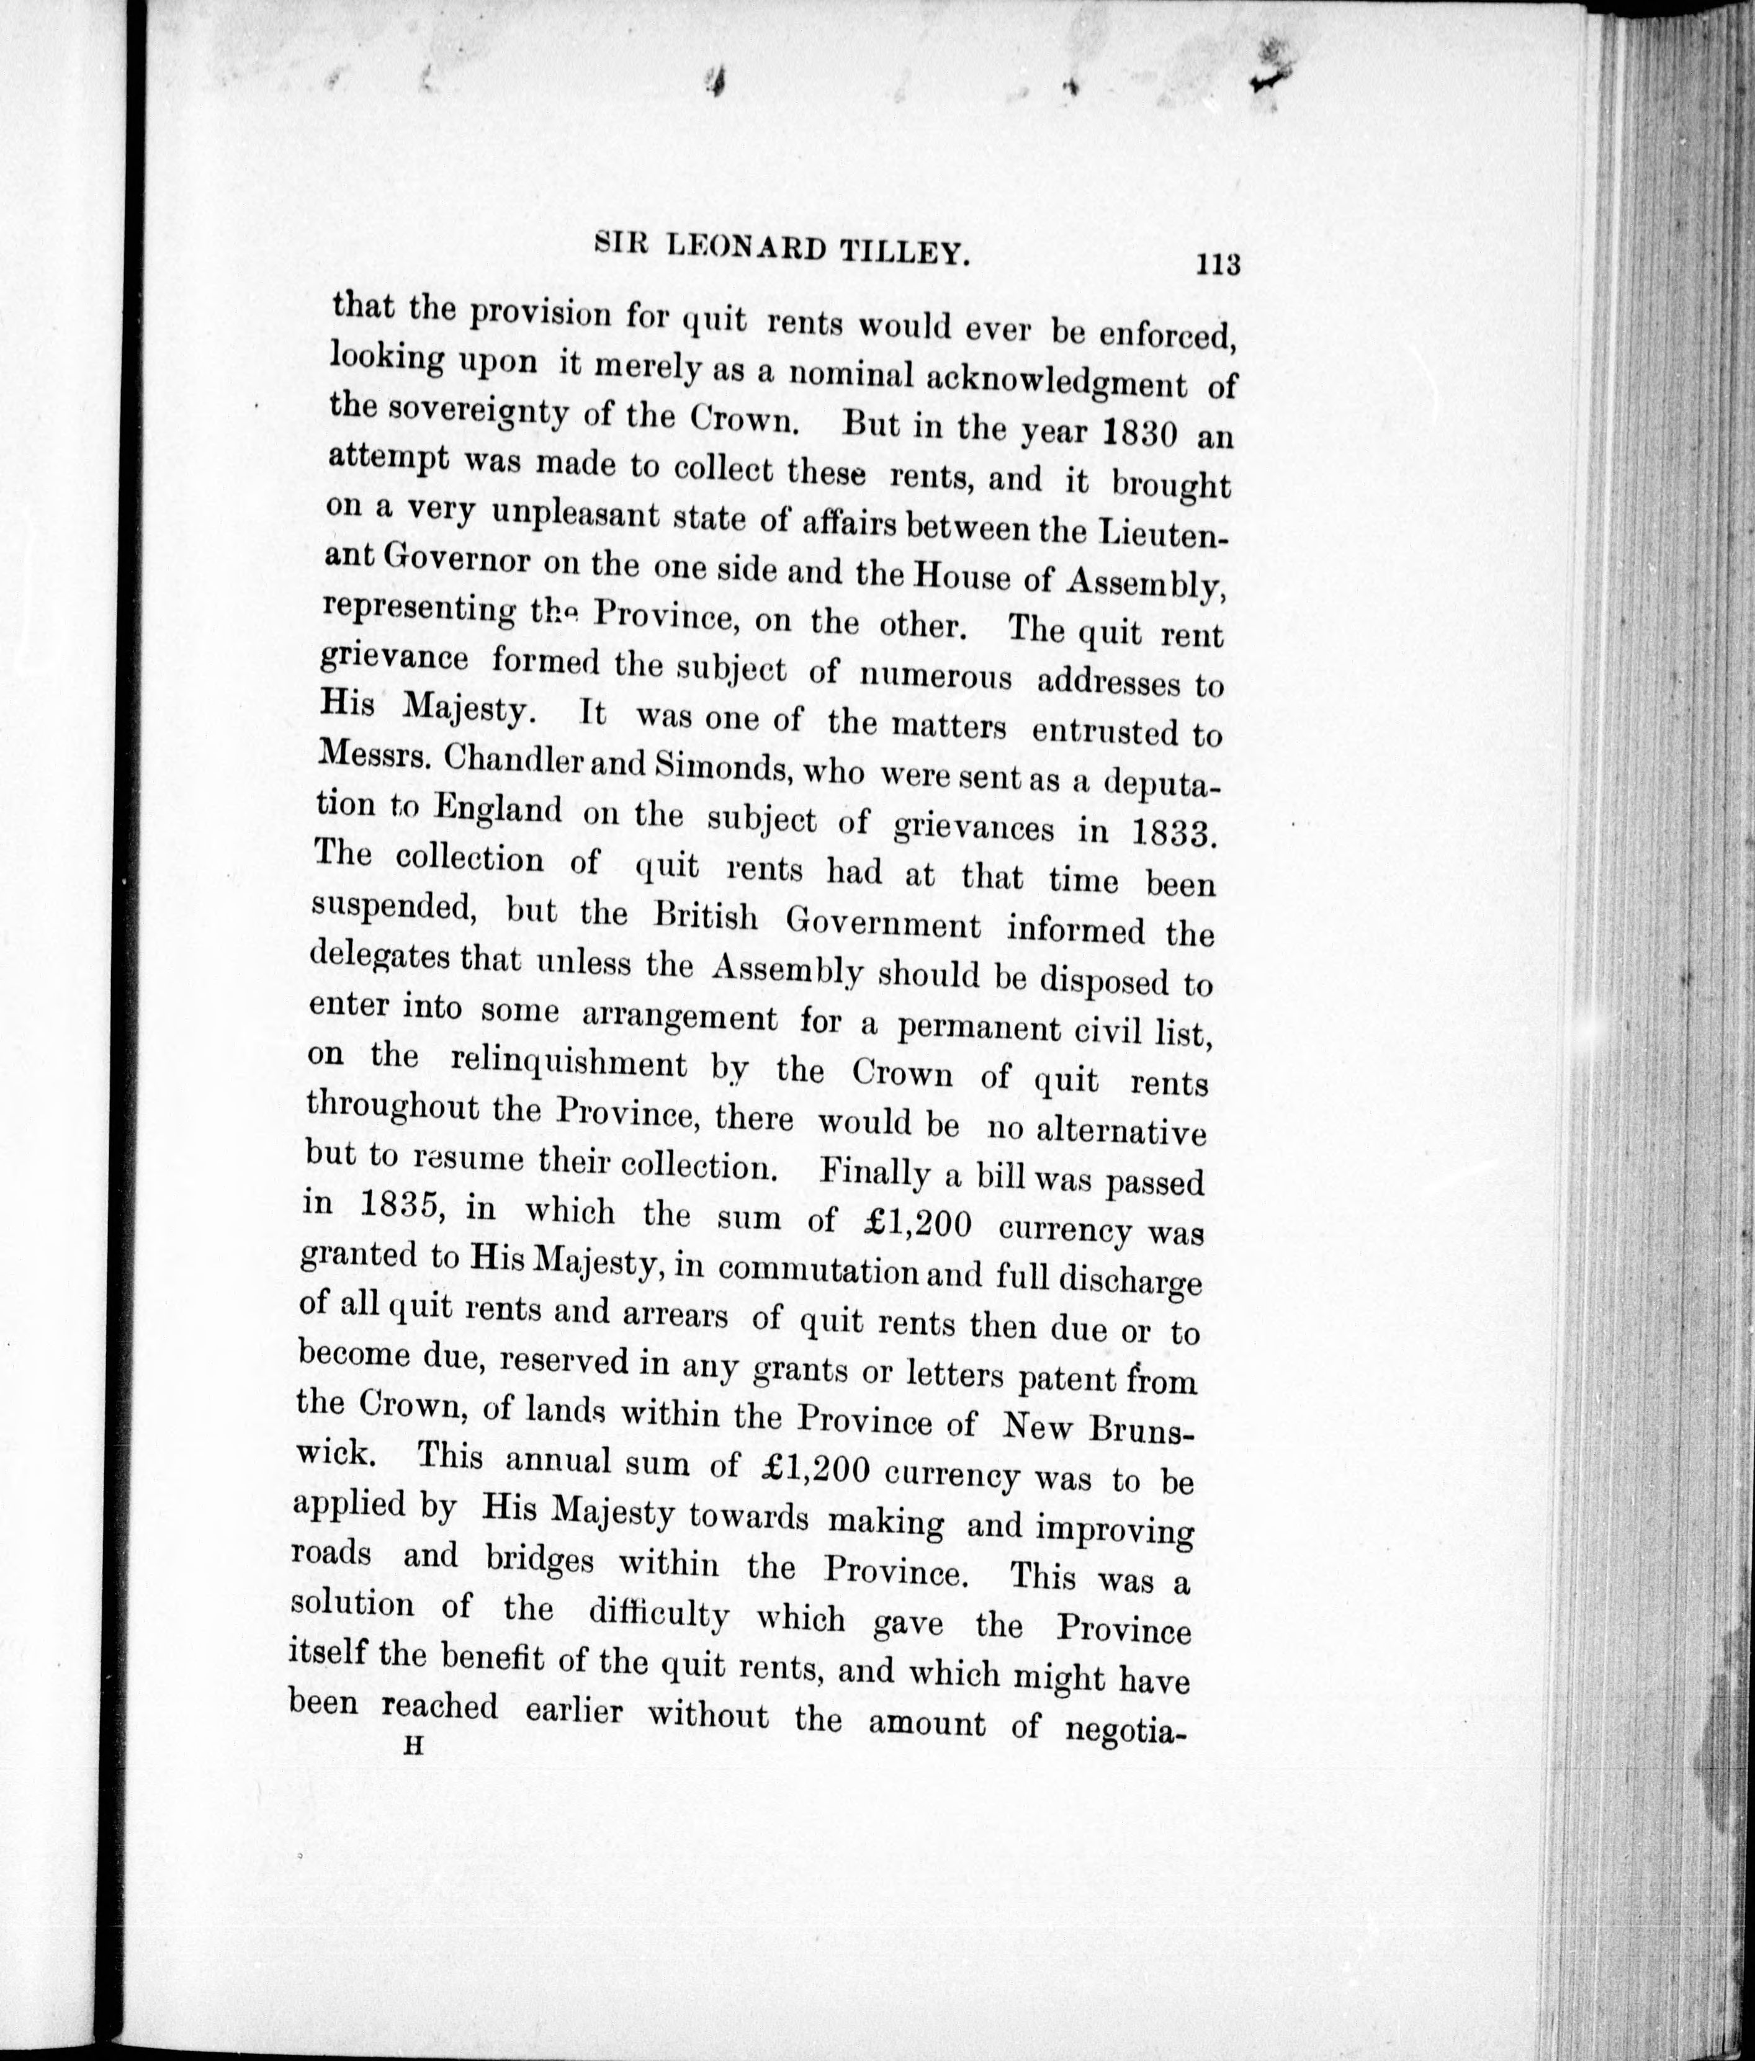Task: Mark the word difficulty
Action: click(x=658, y=1614)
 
